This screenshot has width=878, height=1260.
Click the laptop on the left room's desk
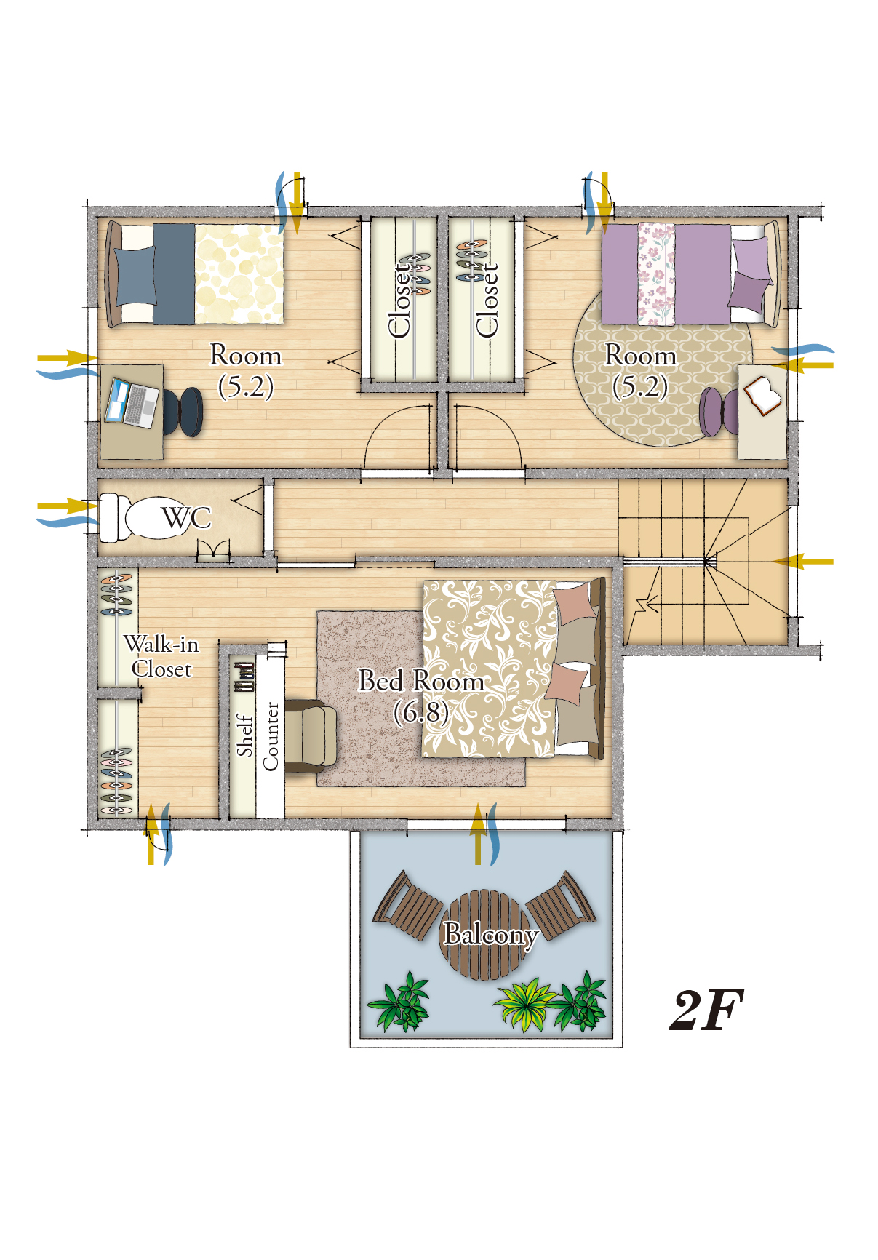coord(132,402)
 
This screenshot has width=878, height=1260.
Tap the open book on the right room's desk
coord(762,396)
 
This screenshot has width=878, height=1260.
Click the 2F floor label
coord(706,1010)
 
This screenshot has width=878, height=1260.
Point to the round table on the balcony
coord(485,934)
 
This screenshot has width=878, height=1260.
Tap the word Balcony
coord(491,933)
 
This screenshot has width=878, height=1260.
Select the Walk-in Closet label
coord(161,656)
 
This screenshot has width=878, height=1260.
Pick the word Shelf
coord(244,735)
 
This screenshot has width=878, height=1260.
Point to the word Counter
coord(271,735)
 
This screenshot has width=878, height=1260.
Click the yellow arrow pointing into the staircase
coord(803,562)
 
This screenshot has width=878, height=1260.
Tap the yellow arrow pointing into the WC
coord(67,506)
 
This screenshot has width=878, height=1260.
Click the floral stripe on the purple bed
coord(656,274)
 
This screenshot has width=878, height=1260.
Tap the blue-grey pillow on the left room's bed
coord(136,275)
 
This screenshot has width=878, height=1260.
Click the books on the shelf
coord(244,677)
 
